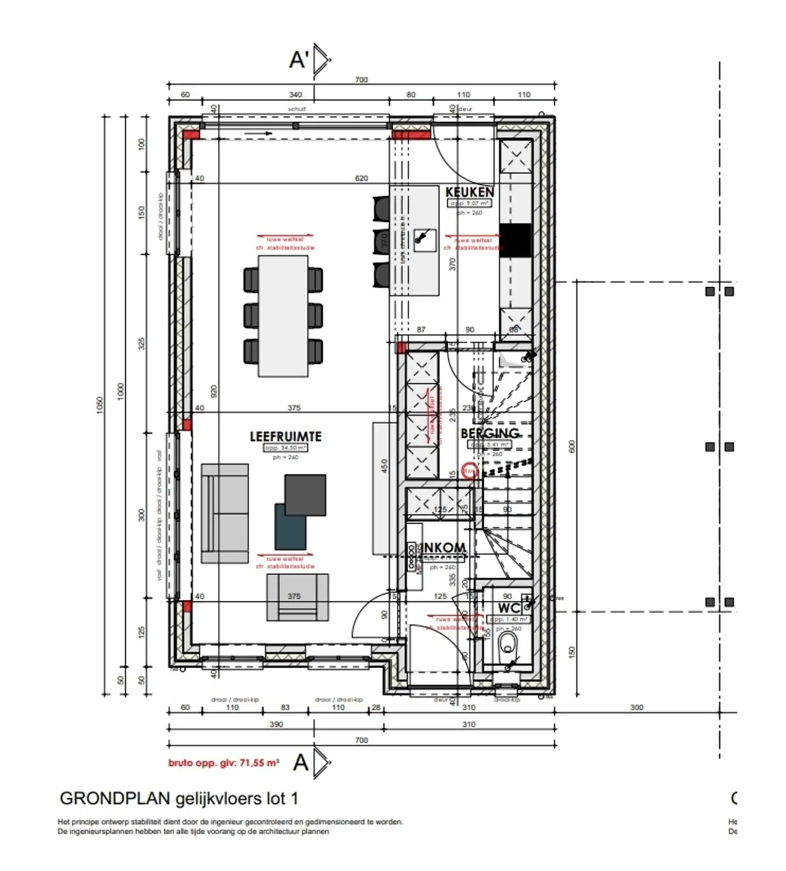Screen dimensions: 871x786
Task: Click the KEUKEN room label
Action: (470, 191)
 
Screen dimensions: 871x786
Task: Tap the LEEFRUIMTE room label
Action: (285, 437)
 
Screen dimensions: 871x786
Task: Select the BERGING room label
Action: (490, 433)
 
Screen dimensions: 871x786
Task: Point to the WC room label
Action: (509, 608)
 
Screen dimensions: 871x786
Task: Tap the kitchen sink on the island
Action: (424, 239)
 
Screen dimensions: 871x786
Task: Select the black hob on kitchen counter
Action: (515, 241)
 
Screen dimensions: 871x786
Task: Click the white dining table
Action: (283, 316)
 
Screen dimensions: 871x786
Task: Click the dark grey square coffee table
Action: (305, 495)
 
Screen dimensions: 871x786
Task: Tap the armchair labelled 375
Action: (297, 597)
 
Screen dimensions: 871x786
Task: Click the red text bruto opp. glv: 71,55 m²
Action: (223, 763)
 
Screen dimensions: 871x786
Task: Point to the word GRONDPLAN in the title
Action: (115, 799)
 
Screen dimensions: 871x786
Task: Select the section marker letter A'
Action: (299, 60)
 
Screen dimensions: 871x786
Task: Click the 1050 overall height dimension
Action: (100, 405)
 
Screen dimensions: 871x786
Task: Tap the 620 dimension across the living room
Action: (361, 178)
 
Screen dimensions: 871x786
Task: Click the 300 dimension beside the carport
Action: (636, 707)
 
